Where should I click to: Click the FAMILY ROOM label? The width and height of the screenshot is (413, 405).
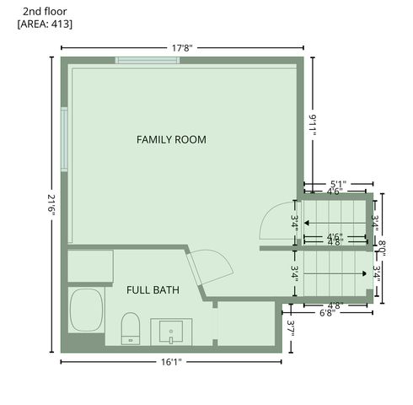pos(171,139)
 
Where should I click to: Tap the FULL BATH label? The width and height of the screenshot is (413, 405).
pos(153,289)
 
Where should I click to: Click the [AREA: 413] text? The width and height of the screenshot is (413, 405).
pos(45,24)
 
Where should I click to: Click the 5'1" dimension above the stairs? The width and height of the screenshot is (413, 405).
pos(338,183)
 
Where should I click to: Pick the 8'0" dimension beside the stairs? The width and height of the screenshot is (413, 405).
pos(381,248)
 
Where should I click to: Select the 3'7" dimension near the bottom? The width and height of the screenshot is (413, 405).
pos(290,327)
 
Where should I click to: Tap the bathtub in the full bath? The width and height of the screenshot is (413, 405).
pos(86,310)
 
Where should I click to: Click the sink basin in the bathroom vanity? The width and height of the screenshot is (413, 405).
pos(172,331)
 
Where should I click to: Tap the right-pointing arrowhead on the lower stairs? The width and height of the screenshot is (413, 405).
pos(361,273)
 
